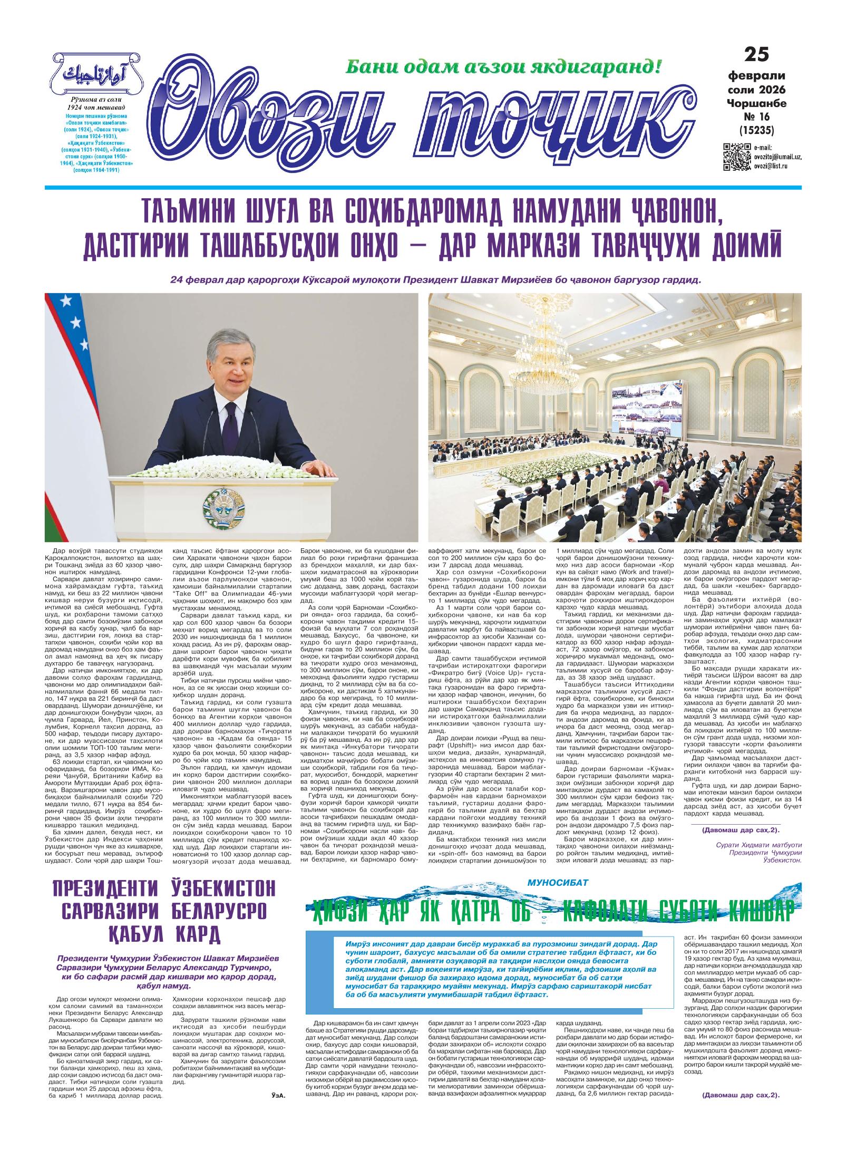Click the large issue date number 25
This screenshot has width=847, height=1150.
(x=756, y=55)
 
